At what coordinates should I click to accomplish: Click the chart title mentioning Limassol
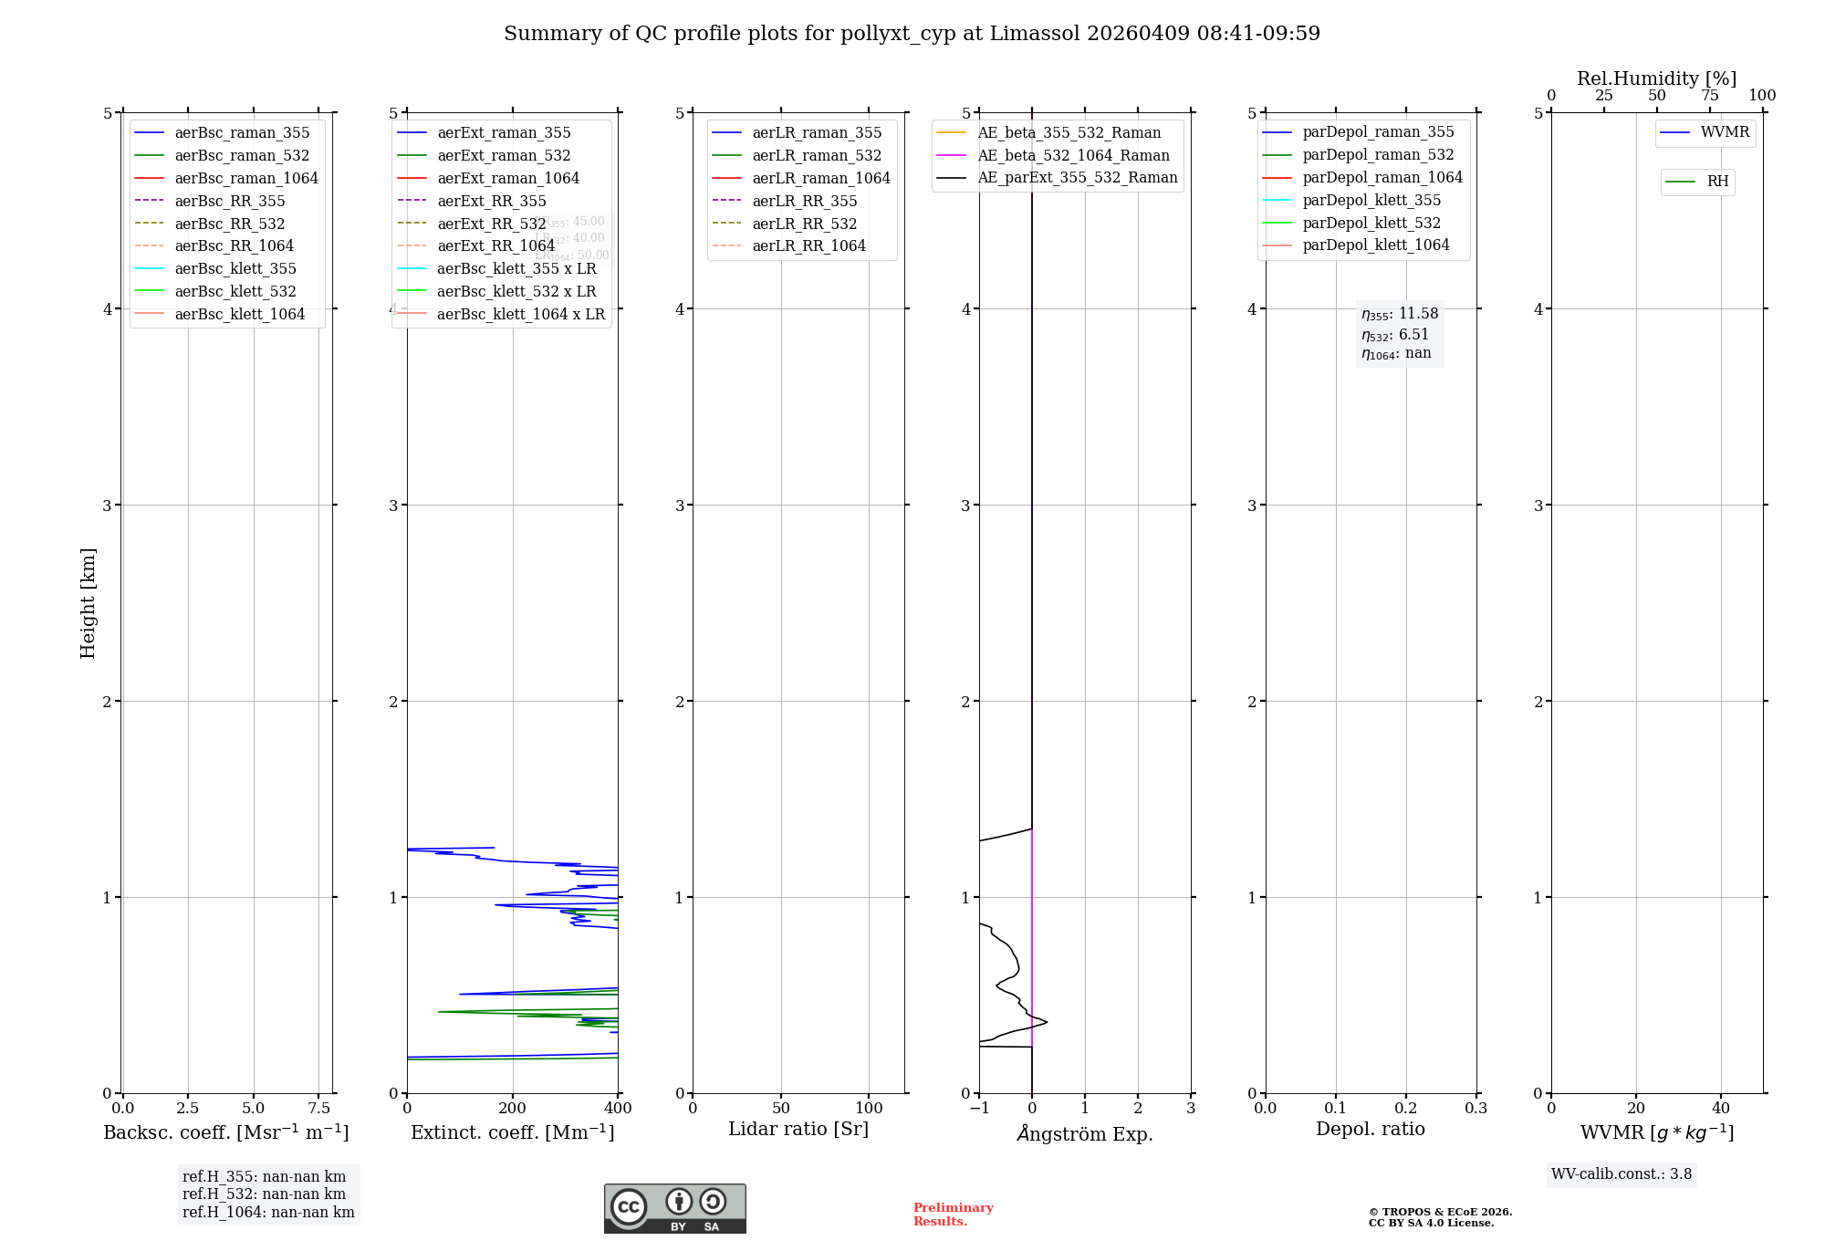(x=912, y=34)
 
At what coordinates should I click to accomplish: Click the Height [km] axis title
(x=88, y=603)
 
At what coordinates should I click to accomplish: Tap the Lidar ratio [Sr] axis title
(x=798, y=1130)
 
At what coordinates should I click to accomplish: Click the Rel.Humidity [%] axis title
(x=1656, y=78)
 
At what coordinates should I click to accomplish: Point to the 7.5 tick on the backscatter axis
(x=318, y=1109)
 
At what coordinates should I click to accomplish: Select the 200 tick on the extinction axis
(x=513, y=1109)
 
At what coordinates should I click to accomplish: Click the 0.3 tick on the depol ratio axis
(x=1476, y=1109)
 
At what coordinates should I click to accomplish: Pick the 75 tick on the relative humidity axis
(x=1709, y=96)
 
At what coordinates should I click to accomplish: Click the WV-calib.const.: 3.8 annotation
(x=1622, y=1174)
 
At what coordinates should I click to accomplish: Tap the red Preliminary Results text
(x=953, y=1215)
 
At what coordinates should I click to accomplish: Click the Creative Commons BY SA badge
(x=674, y=1209)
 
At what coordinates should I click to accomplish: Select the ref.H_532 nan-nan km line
(x=264, y=1194)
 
